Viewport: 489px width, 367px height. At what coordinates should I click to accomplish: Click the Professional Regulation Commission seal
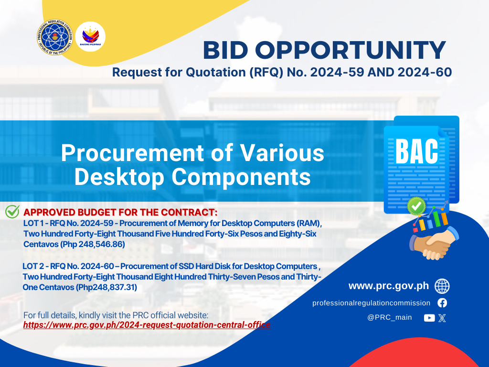tap(55, 37)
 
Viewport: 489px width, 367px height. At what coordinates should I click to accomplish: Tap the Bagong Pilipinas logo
tap(90, 36)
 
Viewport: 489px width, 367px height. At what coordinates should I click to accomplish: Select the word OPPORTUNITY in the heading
tap(351, 50)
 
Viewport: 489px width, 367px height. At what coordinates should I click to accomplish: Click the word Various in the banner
tap(282, 153)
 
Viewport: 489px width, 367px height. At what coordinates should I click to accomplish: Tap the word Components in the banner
tap(241, 177)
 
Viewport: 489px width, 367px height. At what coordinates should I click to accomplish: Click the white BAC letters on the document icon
tap(416, 151)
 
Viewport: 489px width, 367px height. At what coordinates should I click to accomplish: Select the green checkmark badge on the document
tap(416, 206)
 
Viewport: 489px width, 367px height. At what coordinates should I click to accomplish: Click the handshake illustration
tap(434, 243)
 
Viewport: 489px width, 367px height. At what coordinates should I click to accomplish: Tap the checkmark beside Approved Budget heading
tap(12, 212)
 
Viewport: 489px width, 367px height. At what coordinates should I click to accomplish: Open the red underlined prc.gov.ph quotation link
tap(147, 325)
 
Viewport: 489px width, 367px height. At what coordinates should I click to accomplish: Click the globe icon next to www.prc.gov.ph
tap(442, 286)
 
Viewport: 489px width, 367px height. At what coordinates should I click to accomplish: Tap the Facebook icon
tap(442, 302)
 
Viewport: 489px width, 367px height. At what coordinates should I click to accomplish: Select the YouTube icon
tap(429, 318)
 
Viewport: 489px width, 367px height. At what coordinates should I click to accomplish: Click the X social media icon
tap(442, 318)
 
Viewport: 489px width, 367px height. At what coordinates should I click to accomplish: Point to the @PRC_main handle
tap(390, 317)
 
